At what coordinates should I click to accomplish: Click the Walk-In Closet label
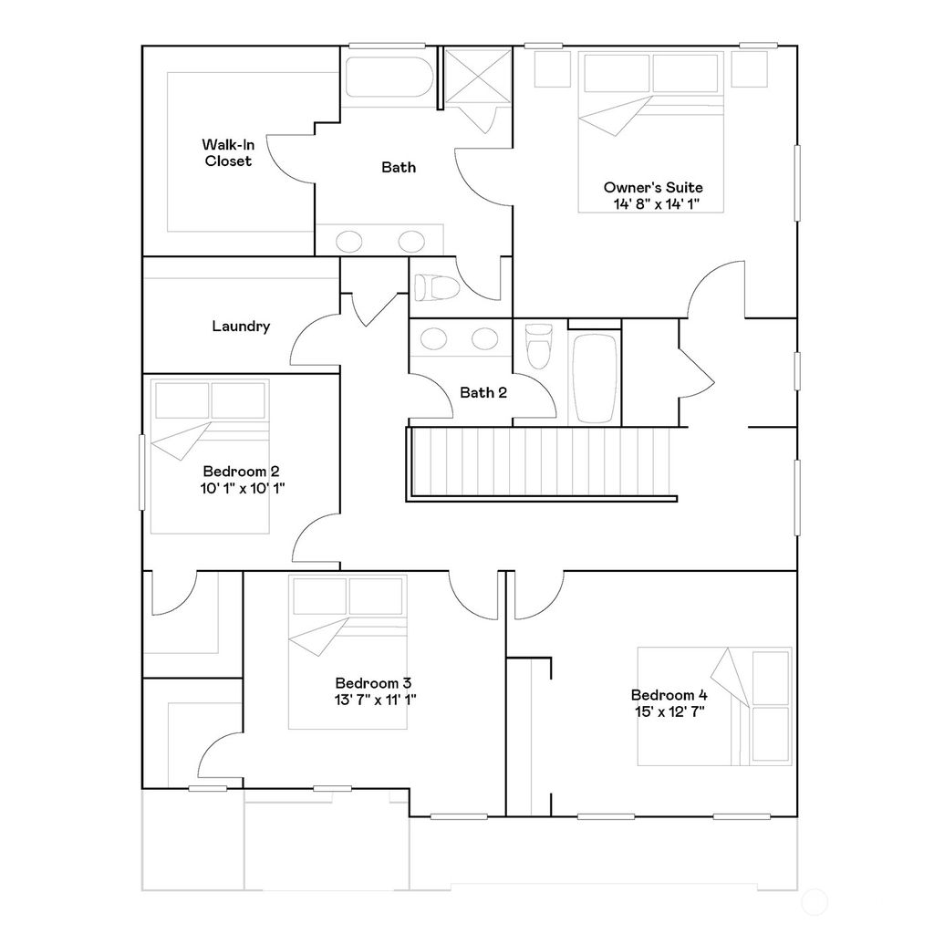[228, 152]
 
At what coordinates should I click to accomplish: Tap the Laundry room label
[241, 327]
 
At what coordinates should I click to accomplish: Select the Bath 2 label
[483, 393]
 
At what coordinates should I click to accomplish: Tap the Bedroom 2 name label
[241, 472]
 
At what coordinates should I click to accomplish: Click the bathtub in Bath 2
[594, 378]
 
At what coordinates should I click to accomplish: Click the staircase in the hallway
[543, 463]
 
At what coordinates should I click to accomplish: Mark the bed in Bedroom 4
[714, 706]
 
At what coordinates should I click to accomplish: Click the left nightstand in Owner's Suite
[550, 69]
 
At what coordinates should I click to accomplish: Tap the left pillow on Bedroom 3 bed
[318, 597]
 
